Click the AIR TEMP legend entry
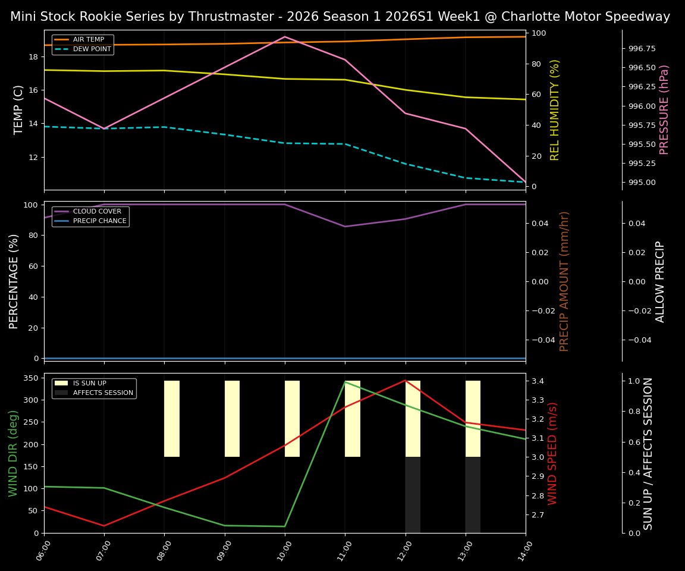(88, 40)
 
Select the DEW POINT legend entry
(92, 49)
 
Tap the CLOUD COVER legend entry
(96, 212)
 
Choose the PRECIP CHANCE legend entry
(99, 221)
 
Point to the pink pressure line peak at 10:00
(285, 37)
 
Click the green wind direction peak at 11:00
(345, 382)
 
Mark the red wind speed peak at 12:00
(406, 380)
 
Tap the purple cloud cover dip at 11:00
(345, 227)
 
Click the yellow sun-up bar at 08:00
(172, 419)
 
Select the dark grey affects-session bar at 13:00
(473, 495)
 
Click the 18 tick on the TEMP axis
(33, 57)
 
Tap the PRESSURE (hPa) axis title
(664, 109)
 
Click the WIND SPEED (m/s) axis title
(552, 453)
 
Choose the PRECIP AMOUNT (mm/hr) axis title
(564, 281)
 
